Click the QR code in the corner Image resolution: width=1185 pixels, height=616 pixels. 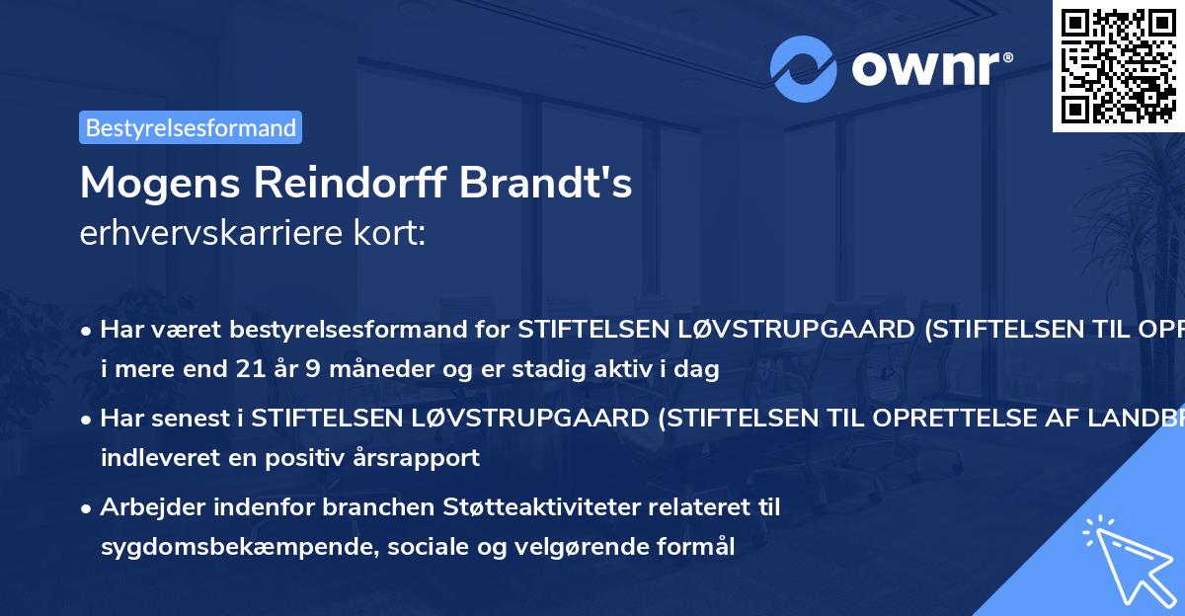pos(1118,65)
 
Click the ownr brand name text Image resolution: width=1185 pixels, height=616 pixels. pos(929,69)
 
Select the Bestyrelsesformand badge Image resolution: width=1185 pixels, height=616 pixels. pos(191,127)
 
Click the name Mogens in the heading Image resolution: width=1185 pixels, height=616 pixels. pos(159,183)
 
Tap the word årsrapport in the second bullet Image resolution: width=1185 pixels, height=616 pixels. pos(416,457)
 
